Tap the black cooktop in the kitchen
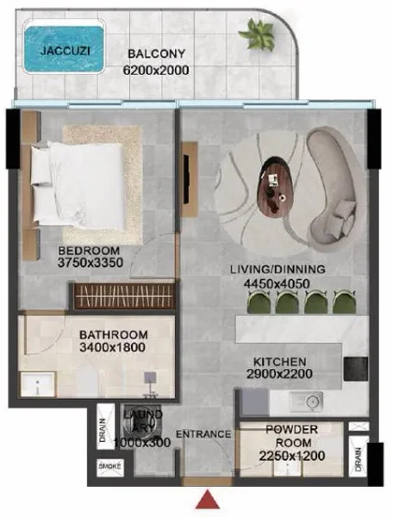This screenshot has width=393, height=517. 355,369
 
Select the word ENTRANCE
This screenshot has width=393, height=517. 204,434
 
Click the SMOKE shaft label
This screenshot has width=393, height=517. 109,466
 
